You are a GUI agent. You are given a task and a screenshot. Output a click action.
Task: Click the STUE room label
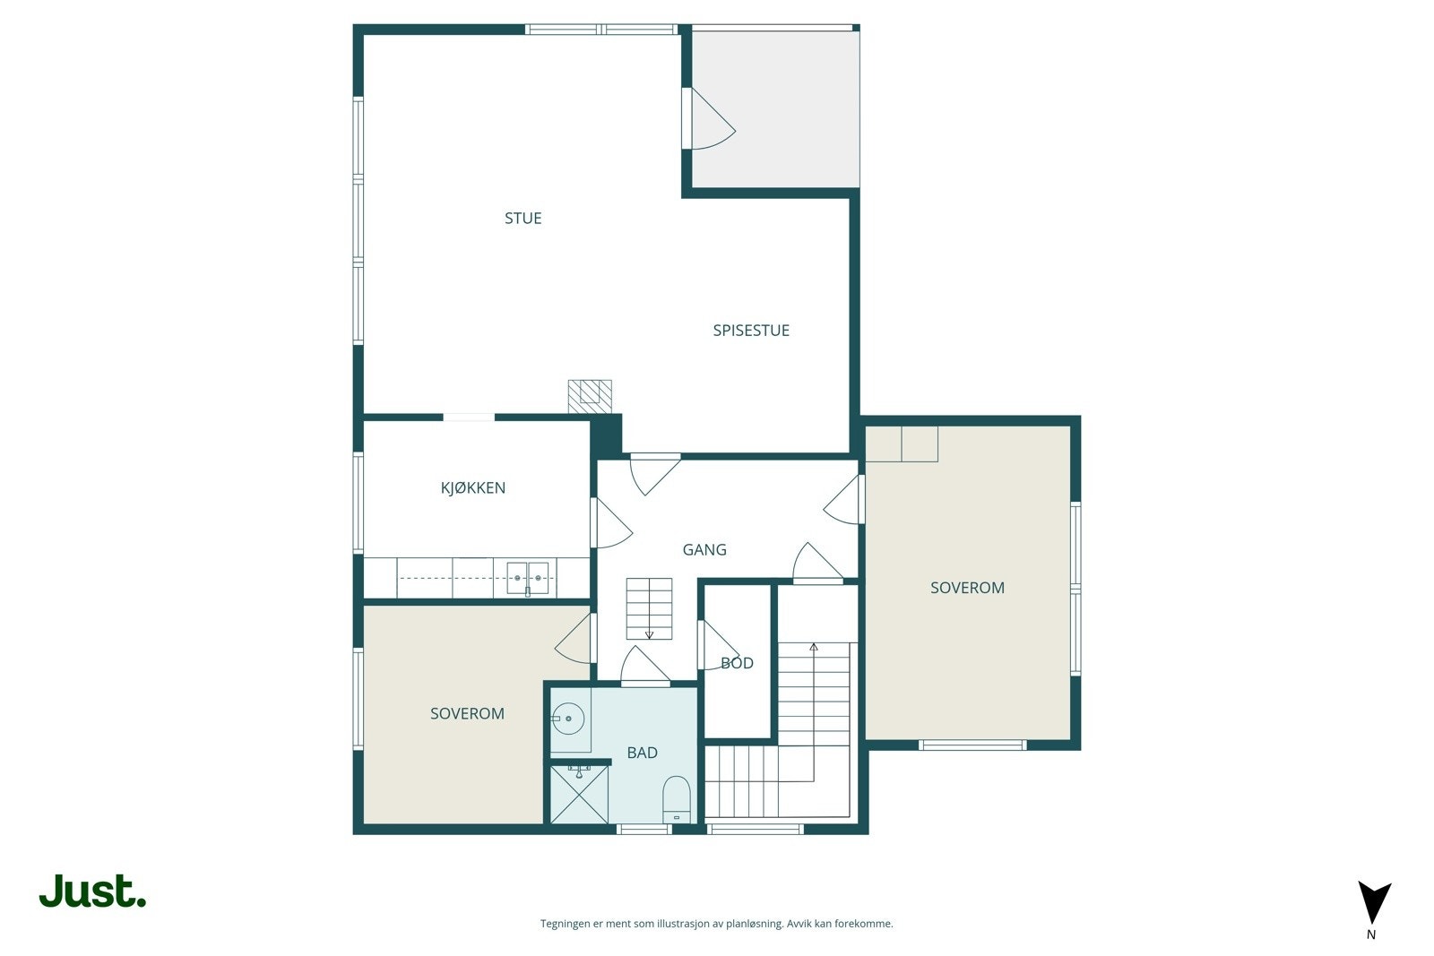(x=523, y=218)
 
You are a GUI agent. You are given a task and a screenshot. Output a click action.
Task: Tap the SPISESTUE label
(x=750, y=330)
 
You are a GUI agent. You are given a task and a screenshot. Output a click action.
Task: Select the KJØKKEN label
(x=472, y=487)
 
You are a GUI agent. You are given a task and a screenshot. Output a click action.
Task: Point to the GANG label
(x=704, y=549)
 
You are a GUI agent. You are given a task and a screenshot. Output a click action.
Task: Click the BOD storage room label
(x=737, y=663)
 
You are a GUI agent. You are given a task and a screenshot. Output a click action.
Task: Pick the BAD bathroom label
(x=642, y=753)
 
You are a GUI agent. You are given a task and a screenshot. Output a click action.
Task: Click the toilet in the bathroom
(x=676, y=798)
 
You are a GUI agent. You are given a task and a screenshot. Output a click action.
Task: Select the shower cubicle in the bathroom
(x=579, y=795)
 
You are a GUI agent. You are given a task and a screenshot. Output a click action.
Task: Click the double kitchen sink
(x=527, y=576)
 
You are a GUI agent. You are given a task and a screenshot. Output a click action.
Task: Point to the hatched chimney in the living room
(x=589, y=395)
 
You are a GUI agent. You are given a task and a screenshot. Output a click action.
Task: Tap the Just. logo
(x=92, y=891)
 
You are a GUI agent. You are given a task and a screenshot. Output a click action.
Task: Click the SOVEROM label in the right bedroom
(x=967, y=588)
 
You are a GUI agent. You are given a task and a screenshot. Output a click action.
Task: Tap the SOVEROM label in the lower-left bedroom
(x=467, y=713)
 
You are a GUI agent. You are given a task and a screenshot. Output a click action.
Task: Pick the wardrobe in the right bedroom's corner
(x=903, y=444)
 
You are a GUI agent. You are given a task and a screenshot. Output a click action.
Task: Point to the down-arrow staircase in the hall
(x=649, y=608)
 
